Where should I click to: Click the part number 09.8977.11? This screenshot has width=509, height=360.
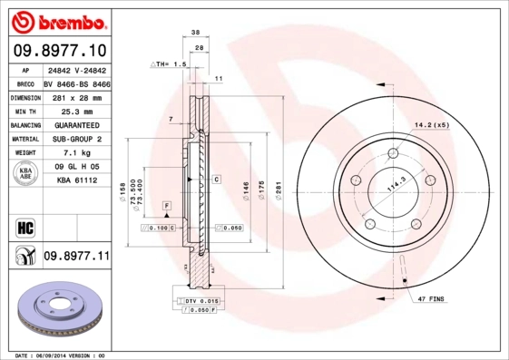76,257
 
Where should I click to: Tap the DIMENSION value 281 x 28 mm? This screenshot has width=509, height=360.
76,96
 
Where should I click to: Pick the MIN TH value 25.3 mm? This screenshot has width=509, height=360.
76,111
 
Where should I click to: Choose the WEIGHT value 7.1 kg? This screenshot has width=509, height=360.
76,153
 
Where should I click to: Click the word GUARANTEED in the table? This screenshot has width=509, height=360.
76,125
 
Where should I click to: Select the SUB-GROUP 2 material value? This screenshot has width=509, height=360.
76,139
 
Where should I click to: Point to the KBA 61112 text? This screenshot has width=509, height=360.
76,181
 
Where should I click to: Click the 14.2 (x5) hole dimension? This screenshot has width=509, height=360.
433,124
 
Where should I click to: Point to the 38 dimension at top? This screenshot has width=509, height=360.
196,31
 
